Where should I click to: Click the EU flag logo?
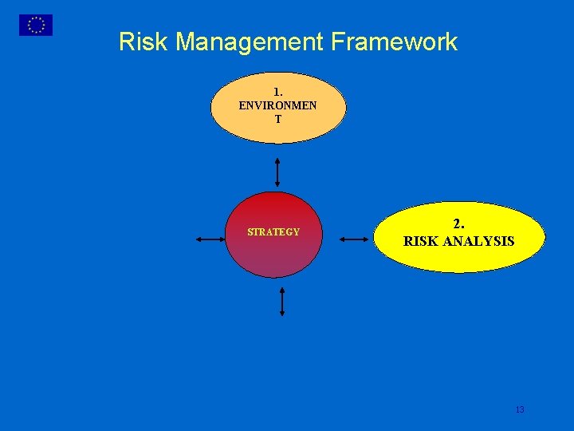(36, 25)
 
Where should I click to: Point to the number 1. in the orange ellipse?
(278, 93)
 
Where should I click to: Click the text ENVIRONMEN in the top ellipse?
(277, 105)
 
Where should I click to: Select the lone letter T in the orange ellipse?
(278, 119)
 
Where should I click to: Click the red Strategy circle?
(273, 255)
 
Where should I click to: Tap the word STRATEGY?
(273, 232)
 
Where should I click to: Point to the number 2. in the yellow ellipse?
(459, 224)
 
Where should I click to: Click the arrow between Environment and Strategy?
(277, 171)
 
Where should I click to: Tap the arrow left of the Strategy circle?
(210, 239)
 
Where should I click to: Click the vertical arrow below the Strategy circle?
(281, 302)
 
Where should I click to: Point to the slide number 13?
(520, 409)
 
